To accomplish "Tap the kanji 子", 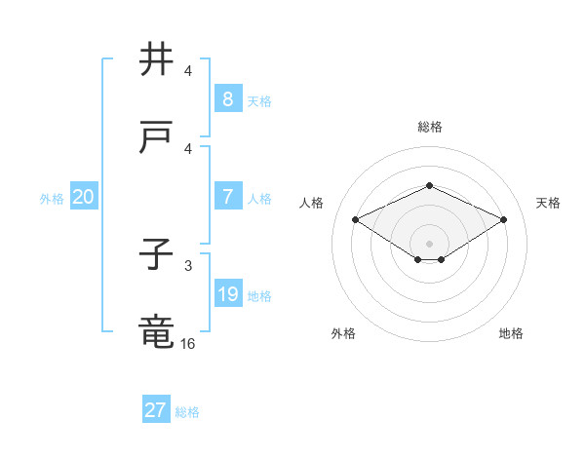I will [157, 255].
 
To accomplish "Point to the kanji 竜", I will [157, 332].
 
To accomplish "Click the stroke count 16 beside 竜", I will [188, 342].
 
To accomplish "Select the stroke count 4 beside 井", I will [188, 71].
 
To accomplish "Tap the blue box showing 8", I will [227, 98].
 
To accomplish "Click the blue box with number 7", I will [227, 196].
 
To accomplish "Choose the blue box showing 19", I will [227, 293].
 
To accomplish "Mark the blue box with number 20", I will [83, 197].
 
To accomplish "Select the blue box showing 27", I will [155, 410].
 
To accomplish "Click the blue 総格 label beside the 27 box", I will [187, 412].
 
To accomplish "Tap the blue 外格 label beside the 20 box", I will [52, 199].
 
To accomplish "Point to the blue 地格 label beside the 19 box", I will [259, 295].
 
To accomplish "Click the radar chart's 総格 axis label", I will [429, 127].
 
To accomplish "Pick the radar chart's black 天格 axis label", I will [548, 203].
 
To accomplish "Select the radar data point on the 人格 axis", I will [355, 220].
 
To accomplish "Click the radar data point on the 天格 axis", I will [504, 220].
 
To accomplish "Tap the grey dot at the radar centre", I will [429, 243].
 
